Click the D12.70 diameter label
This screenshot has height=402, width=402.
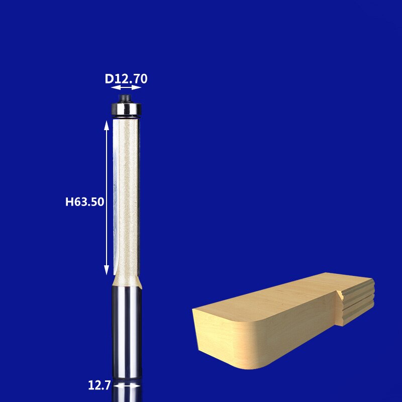tap(126, 78)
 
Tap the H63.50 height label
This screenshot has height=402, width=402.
tap(84, 202)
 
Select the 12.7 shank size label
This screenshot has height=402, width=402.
tap(99, 386)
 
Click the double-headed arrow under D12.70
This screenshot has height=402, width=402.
tap(126, 88)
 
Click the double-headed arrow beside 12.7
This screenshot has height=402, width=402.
tap(127, 386)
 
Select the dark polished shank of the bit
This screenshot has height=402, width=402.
tap(127, 327)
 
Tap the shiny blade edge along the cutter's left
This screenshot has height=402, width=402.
tap(117, 201)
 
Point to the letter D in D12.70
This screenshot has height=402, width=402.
tap(109, 78)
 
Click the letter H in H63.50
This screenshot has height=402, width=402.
tap(69, 202)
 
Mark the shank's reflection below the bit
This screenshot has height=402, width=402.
tap(127, 394)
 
